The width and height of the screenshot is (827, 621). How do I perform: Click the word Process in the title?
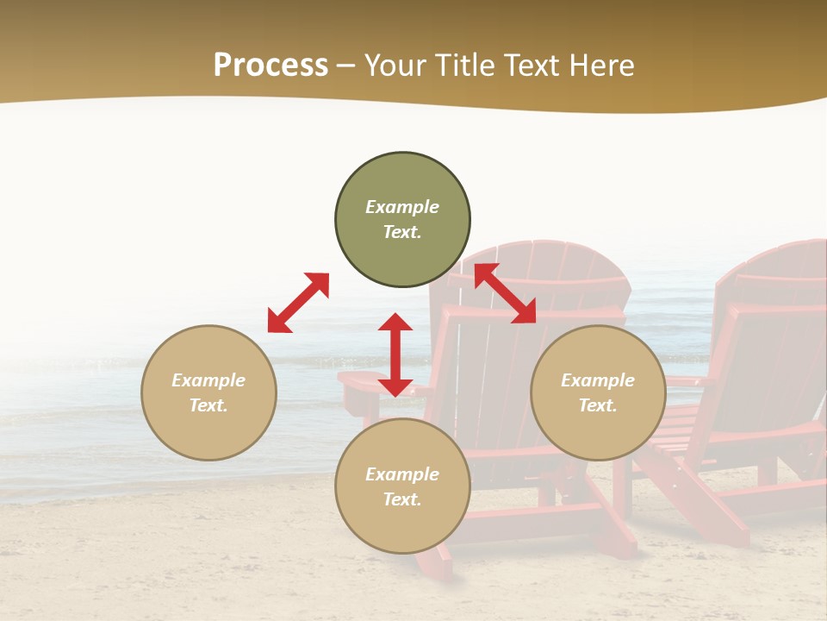point(270,66)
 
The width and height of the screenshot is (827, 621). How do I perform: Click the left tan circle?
point(208,423)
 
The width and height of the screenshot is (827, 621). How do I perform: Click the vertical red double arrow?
point(395,354)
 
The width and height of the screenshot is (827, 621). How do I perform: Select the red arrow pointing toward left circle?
point(298,302)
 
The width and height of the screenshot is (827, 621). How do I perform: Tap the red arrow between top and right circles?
point(505,293)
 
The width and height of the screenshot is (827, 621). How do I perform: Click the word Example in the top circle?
point(402,207)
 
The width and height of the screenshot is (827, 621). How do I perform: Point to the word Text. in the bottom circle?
point(402,499)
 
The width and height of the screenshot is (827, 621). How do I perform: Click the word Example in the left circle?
point(208,380)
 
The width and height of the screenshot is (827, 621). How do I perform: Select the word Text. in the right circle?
point(598,405)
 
